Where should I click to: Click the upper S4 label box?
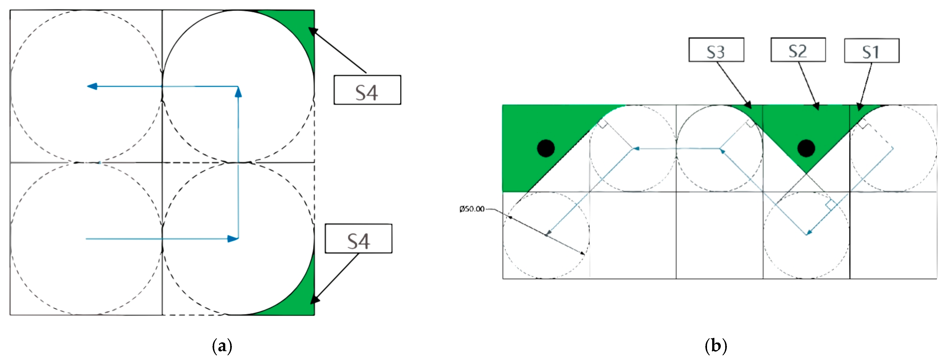367,90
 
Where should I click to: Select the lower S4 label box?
358,238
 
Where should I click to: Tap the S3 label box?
716,50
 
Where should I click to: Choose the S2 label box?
798,50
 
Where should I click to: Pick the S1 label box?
872,50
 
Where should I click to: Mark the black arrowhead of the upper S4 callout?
312,31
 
